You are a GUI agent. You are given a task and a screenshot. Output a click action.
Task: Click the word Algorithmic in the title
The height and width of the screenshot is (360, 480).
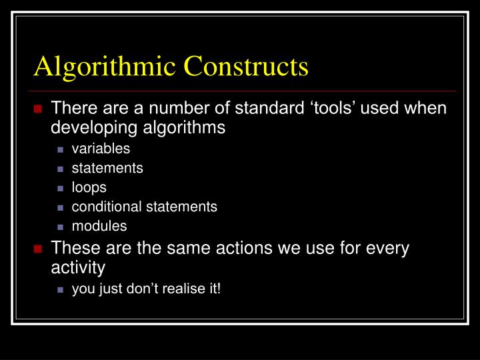click(105, 67)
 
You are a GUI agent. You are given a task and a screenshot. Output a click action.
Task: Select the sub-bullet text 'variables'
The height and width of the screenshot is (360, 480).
click(101, 149)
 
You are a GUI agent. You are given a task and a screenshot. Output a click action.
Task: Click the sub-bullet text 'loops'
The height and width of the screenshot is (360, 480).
click(89, 187)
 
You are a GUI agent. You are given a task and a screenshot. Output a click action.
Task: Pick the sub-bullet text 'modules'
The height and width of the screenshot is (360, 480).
click(99, 226)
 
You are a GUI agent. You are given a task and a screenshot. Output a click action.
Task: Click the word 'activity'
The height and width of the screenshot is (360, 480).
click(78, 268)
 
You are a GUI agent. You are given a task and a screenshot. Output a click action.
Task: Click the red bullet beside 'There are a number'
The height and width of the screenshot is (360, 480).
click(38, 109)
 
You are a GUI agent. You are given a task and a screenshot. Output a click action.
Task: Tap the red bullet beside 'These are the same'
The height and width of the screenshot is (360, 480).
click(38, 249)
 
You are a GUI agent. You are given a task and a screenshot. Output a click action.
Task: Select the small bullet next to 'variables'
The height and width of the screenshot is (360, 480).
click(61, 149)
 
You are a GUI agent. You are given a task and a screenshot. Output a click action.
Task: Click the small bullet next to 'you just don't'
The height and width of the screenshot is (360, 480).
click(61, 290)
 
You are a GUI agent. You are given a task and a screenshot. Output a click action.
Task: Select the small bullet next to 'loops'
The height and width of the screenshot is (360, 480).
click(61, 188)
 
